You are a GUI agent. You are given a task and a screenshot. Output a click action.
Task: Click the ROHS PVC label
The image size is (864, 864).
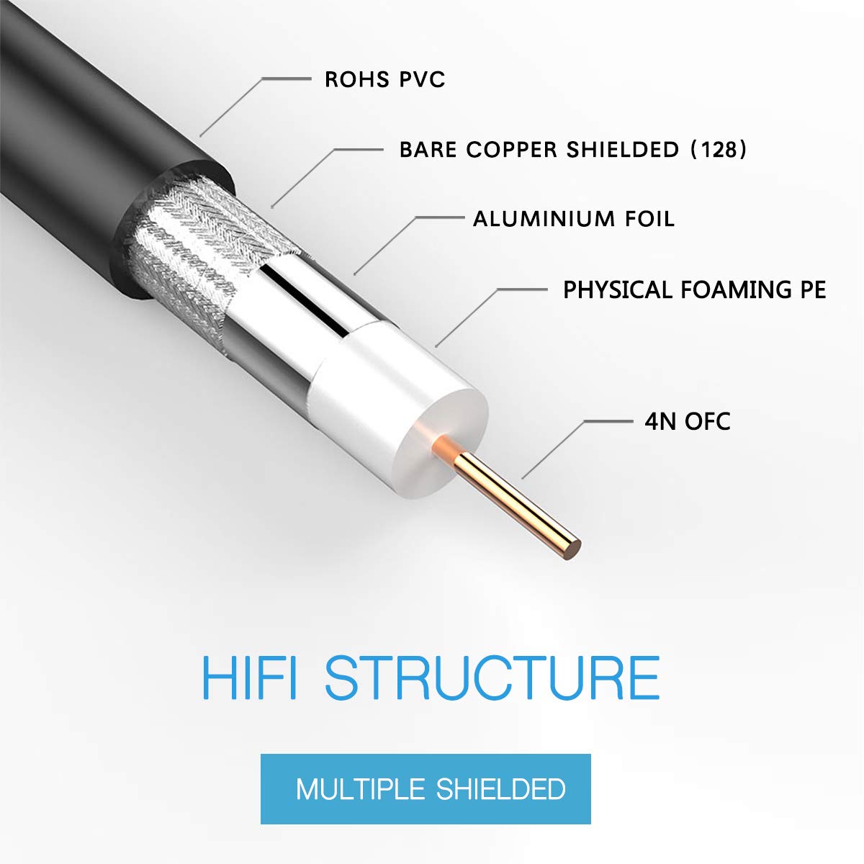[384, 79]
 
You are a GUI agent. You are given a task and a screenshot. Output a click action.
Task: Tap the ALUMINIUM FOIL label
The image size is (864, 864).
[573, 219]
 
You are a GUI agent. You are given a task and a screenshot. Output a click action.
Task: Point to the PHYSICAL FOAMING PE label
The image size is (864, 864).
[694, 290]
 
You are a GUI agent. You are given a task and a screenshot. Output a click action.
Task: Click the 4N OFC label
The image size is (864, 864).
[687, 420]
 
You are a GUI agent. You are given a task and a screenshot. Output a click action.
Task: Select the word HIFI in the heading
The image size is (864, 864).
[248, 677]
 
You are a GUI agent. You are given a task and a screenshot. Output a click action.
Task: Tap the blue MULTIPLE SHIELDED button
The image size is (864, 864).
[426, 789]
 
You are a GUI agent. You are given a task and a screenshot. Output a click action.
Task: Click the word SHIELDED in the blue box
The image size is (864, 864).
[500, 789]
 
